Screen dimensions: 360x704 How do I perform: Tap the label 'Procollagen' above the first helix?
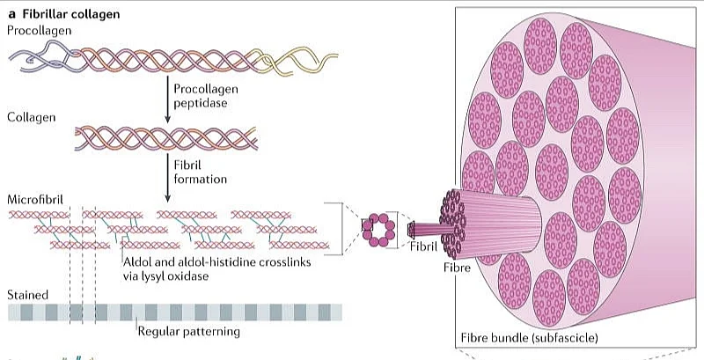point(40,31)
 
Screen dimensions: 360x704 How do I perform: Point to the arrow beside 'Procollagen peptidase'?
point(166,97)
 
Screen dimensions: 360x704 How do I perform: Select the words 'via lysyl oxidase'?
point(166,276)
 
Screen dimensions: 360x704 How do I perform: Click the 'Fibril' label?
point(424,247)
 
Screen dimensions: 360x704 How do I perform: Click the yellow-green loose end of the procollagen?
point(286,60)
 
